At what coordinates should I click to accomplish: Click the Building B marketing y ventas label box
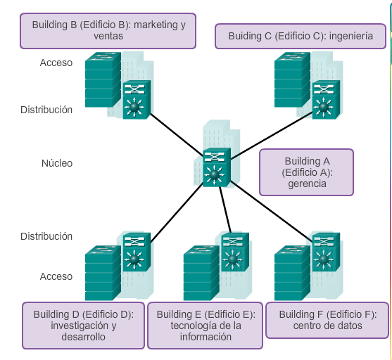click(x=108, y=31)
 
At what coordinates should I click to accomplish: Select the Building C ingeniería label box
click(x=301, y=37)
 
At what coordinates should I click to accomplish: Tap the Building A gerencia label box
click(x=307, y=172)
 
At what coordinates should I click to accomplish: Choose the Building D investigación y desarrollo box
click(x=84, y=326)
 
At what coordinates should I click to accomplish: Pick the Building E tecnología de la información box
click(x=206, y=326)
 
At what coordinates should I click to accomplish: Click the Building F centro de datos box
click(x=327, y=321)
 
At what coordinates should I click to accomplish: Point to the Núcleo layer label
click(x=57, y=163)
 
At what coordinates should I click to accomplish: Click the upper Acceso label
click(x=56, y=63)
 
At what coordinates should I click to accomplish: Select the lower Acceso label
click(x=56, y=276)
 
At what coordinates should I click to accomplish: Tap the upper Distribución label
click(x=46, y=110)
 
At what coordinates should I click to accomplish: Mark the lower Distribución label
click(x=46, y=236)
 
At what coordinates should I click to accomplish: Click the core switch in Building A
click(x=217, y=167)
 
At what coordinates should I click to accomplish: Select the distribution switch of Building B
click(x=137, y=100)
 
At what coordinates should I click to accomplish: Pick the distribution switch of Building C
click(x=326, y=100)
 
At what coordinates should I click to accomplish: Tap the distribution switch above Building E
click(x=235, y=252)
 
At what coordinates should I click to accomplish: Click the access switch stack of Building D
click(x=103, y=273)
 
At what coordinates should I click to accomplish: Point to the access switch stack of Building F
click(x=293, y=273)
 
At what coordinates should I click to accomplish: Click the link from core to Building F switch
click(x=272, y=212)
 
